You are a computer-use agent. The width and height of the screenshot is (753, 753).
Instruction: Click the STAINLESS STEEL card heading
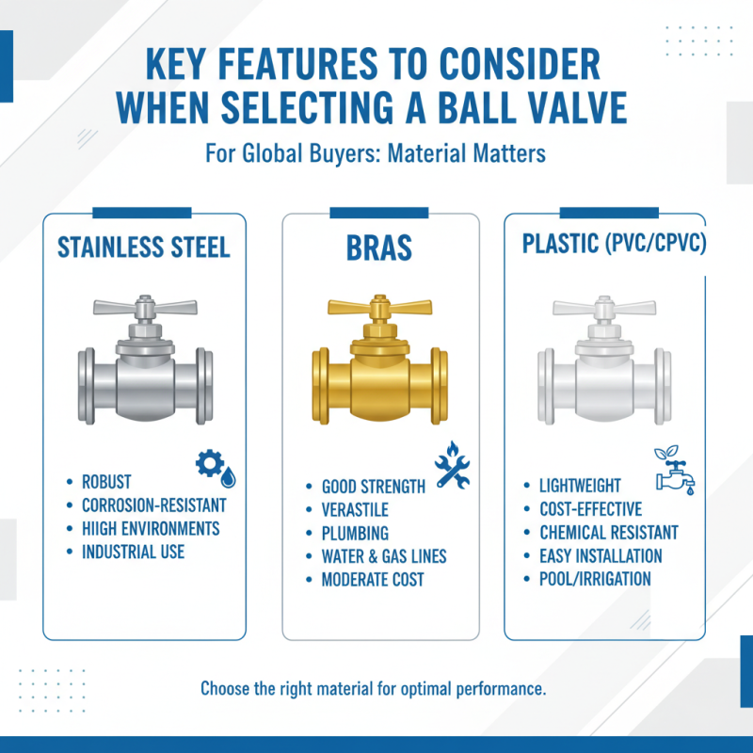(144, 248)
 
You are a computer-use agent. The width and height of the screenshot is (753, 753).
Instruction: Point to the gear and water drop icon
(216, 467)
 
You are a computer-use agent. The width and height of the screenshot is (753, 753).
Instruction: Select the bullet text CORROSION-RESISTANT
(154, 505)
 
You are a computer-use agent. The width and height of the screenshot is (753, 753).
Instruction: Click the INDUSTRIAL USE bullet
(134, 552)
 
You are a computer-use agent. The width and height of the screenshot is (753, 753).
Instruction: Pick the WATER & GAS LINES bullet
(384, 556)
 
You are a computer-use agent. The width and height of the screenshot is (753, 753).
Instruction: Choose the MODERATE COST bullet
(373, 580)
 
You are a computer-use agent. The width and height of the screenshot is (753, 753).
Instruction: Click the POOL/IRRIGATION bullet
(595, 579)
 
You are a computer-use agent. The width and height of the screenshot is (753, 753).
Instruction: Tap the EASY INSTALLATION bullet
(601, 555)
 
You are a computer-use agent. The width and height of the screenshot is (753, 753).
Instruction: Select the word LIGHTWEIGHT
(580, 486)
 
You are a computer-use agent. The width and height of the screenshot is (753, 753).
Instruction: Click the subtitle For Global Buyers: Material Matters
(376, 153)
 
